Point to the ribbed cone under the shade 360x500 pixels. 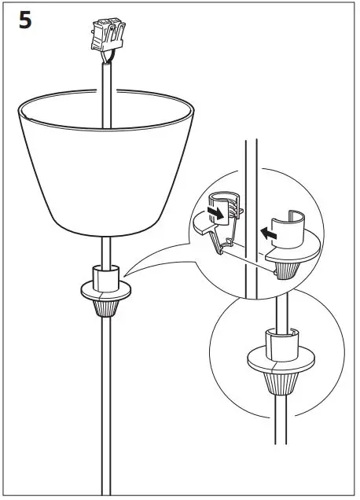click(105, 307)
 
